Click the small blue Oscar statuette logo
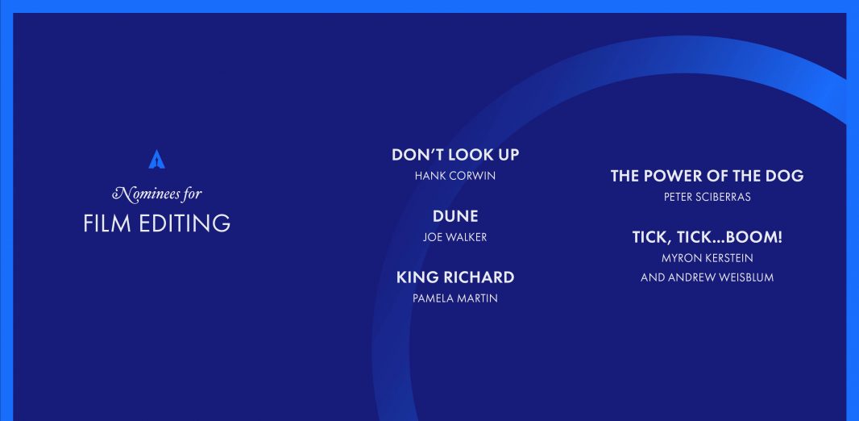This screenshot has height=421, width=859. (156, 160)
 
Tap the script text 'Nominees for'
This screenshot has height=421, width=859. (157, 194)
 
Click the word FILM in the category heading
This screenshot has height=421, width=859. (107, 223)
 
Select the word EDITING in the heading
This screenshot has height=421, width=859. (185, 223)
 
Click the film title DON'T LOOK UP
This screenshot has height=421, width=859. (455, 155)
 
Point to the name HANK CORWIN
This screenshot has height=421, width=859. (455, 176)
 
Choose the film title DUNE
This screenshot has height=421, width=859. (455, 216)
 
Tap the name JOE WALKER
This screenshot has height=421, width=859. (454, 237)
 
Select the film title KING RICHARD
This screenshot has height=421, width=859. (455, 277)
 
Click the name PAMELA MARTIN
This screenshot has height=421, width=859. (455, 298)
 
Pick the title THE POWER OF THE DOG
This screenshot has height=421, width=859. (708, 176)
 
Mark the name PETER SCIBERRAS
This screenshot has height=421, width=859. (708, 197)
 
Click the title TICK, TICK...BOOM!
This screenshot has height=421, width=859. (708, 237)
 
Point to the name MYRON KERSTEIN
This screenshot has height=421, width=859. (708, 257)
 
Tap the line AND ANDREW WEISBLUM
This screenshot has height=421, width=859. (708, 277)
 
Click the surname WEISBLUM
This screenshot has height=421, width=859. (746, 277)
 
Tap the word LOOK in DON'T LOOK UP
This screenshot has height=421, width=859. (470, 155)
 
